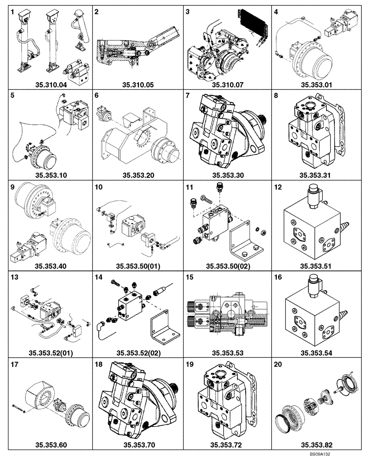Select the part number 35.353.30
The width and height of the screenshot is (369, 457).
[228, 174]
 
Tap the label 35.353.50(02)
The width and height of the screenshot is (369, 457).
[228, 265]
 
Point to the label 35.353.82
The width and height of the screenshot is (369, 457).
[318, 444]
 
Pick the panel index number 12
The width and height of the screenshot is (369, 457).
[278, 187]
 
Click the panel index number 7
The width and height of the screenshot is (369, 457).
[188, 96]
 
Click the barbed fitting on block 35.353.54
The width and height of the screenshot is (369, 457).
[343, 315]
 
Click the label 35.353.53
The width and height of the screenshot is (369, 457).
[228, 354]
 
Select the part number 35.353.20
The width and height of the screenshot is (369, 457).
[138, 174]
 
